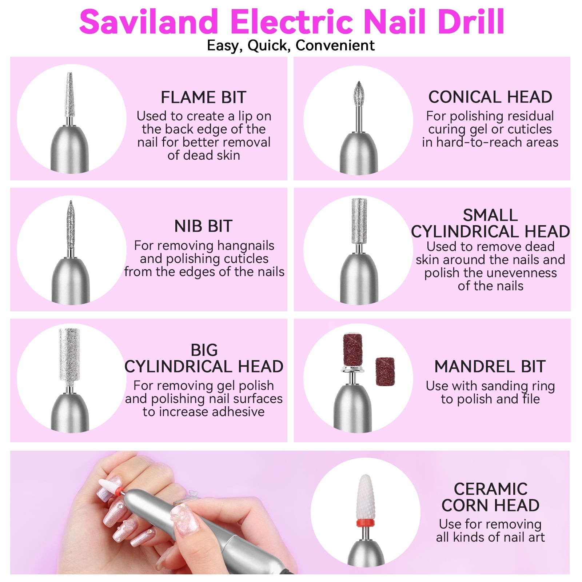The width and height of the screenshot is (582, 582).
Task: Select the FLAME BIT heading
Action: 203,97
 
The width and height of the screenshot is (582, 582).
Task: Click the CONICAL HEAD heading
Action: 490,97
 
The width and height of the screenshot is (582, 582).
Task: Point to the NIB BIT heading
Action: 203,226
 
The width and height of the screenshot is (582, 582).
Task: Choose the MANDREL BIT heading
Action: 490,367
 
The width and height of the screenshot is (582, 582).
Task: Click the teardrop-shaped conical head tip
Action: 359,93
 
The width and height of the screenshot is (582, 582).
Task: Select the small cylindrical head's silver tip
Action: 359,221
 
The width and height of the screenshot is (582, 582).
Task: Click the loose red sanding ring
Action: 385,371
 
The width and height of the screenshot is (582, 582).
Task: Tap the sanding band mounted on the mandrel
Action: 352,349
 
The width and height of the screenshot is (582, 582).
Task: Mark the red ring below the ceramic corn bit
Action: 365,523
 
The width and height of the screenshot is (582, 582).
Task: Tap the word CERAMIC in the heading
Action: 490,489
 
